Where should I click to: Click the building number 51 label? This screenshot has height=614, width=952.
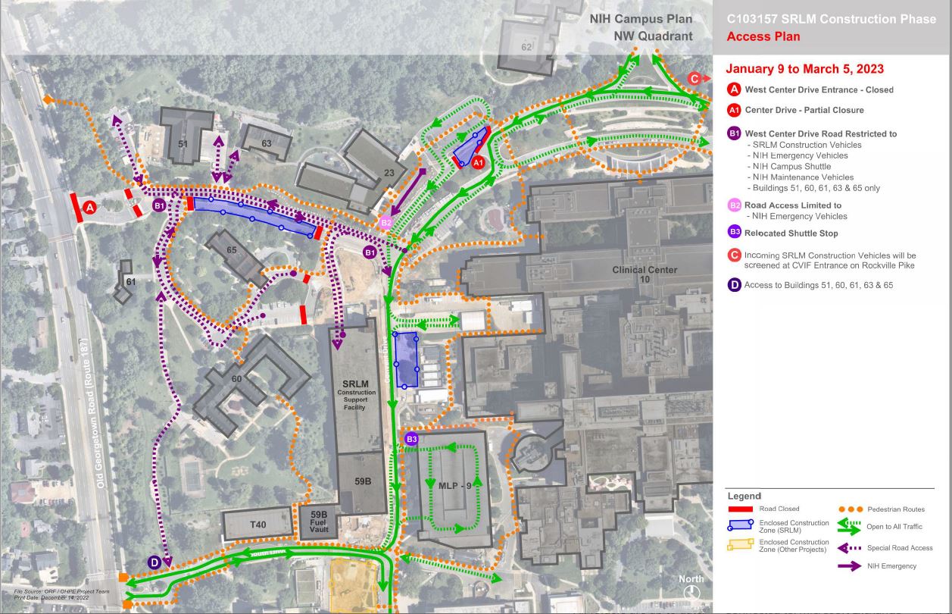(183, 144)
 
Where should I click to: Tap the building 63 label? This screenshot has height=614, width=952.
(267, 143)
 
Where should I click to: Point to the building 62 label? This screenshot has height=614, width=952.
(526, 47)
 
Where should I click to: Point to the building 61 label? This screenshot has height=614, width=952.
(130, 282)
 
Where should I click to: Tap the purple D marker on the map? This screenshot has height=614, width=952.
(155, 562)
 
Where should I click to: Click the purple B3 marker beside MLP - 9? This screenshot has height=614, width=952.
(412, 439)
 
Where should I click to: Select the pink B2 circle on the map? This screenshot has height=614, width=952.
(386, 223)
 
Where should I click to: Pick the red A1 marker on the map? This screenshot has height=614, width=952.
(477, 161)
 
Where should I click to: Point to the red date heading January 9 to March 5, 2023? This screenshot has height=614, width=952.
(805, 69)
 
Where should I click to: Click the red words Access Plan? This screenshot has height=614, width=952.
(763, 36)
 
